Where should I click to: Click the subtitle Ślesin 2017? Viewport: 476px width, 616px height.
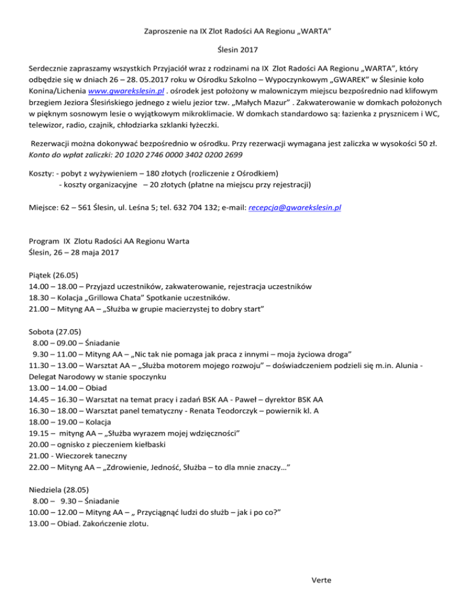pyautogui.click(x=238, y=55)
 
